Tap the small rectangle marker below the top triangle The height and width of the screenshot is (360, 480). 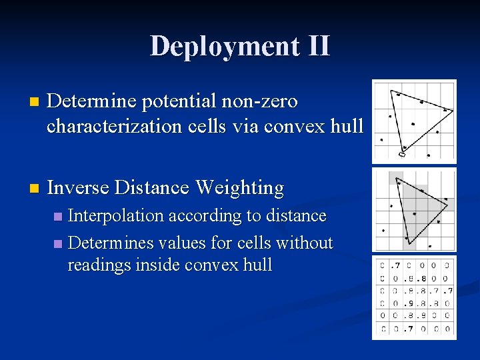pos(402,155)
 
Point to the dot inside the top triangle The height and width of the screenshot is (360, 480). pos(413,123)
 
